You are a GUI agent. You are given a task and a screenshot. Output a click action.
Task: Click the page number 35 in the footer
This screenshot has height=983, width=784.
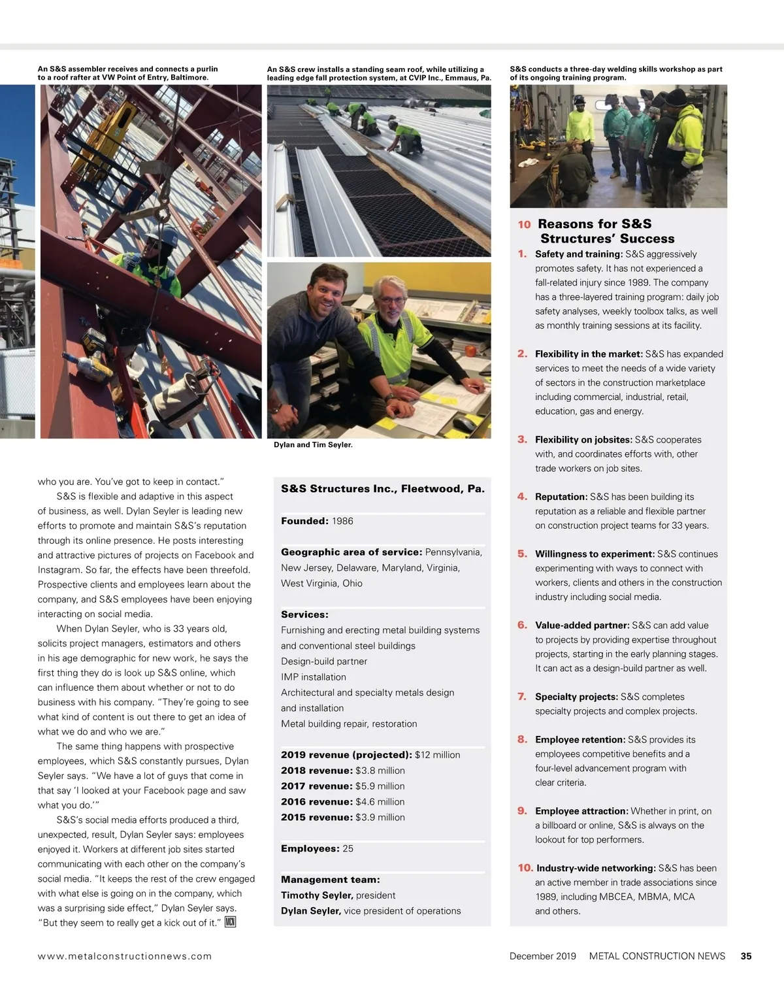coord(746,956)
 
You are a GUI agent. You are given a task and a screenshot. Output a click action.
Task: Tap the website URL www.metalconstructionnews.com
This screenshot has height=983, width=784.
coord(125,956)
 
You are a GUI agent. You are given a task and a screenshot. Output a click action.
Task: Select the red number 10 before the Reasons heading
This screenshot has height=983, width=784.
coord(524,225)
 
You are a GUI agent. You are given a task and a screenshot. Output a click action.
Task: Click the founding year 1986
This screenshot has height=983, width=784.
coord(342,521)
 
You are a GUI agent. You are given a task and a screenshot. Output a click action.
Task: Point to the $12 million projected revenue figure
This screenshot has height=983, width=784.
coord(437,755)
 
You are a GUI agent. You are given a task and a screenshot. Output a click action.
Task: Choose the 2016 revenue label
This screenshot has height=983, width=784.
coord(317,802)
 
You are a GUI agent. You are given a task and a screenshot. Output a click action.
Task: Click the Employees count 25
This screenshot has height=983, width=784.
coord(348,848)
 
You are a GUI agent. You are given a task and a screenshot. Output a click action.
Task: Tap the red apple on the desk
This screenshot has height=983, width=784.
coord(470,351)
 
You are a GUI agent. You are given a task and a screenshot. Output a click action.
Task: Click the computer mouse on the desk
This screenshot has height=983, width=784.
coord(464,424)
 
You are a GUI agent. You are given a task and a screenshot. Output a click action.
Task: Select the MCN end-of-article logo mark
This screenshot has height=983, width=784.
coord(230,922)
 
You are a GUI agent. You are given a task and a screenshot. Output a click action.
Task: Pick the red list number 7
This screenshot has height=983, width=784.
coord(522,697)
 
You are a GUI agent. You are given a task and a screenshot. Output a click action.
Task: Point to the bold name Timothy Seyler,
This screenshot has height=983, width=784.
coord(317,895)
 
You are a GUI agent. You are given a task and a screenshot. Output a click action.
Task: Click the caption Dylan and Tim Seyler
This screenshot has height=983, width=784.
coord(313,445)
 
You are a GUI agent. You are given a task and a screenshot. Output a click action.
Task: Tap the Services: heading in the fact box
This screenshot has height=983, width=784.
coord(304,614)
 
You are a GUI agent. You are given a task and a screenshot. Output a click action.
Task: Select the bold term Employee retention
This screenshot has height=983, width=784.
coord(580,740)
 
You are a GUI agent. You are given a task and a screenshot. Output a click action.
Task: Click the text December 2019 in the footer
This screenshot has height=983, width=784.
coord(543,956)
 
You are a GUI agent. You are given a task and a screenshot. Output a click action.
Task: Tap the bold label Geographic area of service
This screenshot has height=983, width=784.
coord(351,552)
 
